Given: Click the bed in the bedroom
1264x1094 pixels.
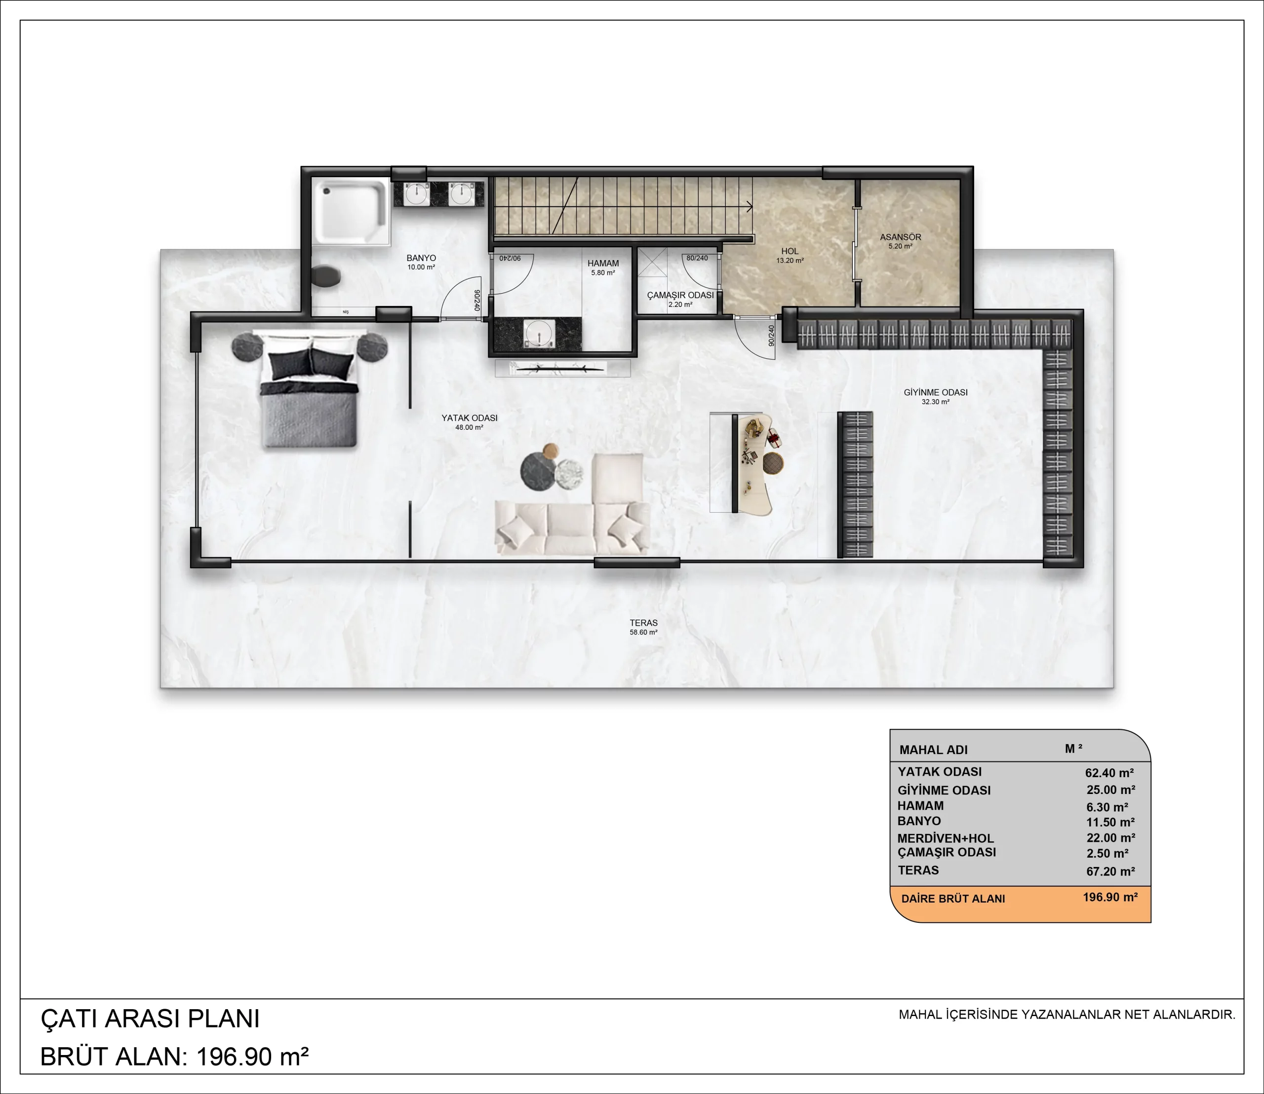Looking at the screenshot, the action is (309, 389).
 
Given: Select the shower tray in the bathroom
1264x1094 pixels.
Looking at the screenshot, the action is (351, 211).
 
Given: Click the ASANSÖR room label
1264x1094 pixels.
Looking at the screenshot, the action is (901, 237).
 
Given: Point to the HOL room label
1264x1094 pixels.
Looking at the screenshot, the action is (790, 251).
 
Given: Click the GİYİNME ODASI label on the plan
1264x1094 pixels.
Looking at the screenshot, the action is (935, 392).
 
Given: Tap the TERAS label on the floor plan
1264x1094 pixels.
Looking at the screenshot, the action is (644, 623).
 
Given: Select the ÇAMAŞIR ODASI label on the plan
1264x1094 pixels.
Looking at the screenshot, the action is (680, 295).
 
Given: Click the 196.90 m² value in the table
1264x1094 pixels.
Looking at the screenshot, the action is (1110, 898).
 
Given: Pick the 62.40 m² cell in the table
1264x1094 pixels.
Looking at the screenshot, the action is (1109, 773).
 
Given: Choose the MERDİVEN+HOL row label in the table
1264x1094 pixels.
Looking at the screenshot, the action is (945, 838).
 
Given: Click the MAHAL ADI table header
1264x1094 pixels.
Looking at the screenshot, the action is (934, 750).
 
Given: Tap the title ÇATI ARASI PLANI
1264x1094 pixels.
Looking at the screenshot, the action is (150, 1019).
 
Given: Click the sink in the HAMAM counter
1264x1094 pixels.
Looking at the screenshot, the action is (538, 333).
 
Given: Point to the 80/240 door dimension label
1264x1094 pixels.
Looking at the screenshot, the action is (697, 258).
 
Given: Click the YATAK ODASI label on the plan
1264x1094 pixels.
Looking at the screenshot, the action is (469, 418).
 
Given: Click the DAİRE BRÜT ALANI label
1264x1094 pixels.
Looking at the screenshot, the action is (953, 899).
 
